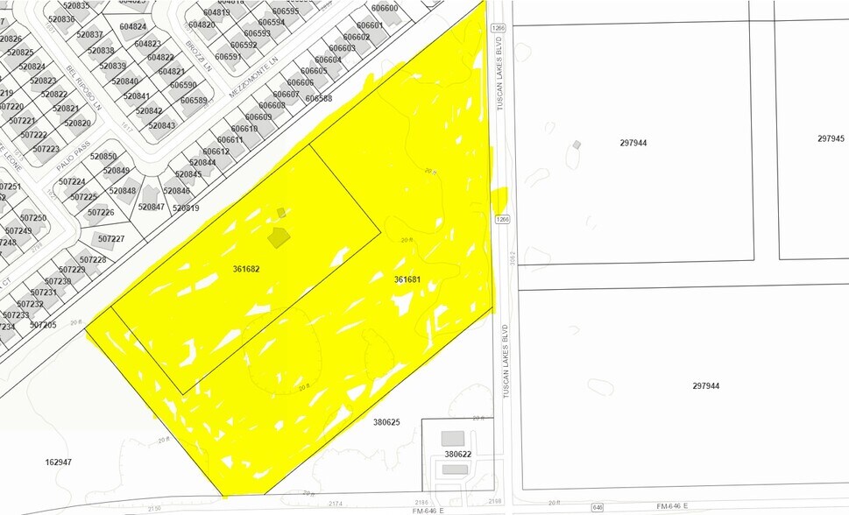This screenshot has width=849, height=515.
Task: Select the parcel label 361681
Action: (407, 279)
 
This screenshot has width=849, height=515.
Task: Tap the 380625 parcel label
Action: (386, 422)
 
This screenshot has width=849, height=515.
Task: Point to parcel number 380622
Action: (457, 455)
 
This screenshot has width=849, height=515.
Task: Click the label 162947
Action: (59, 461)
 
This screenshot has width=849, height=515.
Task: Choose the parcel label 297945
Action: (831, 138)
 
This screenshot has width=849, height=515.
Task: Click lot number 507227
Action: (111, 239)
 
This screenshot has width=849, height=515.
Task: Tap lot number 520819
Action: (186, 208)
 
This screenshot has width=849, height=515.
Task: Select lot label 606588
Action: (319, 99)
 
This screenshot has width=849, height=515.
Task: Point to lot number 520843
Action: (162, 125)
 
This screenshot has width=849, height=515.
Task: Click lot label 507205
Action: (43, 325)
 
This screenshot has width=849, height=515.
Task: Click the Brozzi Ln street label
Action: (198, 55)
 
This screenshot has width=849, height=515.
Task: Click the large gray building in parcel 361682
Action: (279, 236)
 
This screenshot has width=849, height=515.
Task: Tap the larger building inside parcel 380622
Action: (453, 438)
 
